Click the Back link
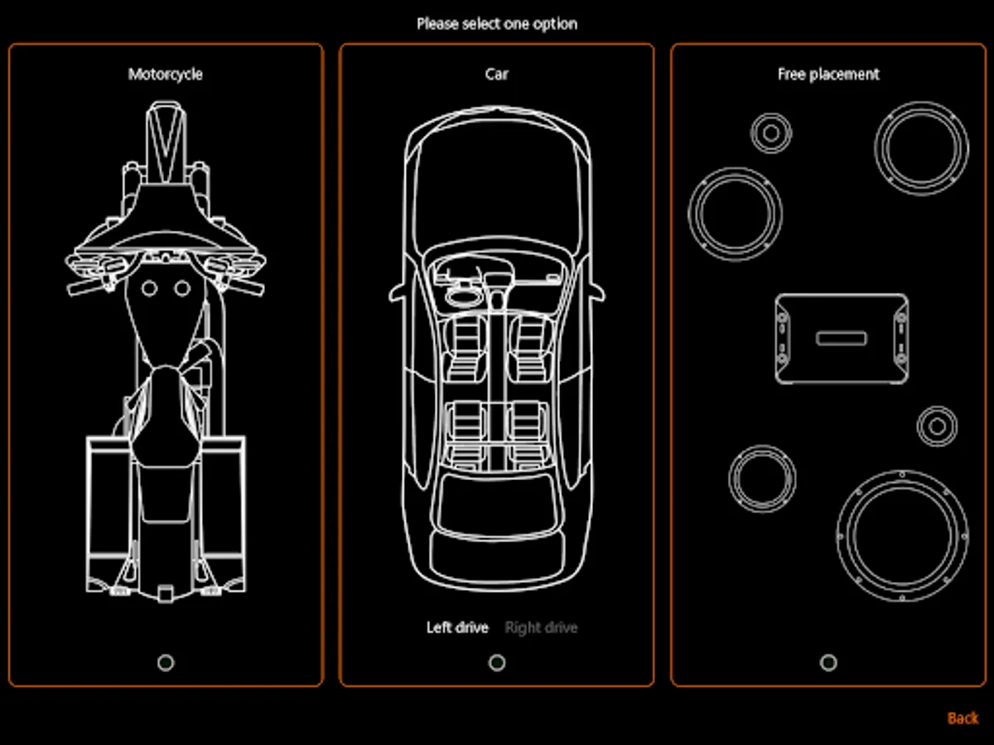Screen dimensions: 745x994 click(x=962, y=718)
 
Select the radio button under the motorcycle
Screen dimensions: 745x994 click(x=166, y=662)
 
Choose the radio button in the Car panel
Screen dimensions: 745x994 click(x=497, y=662)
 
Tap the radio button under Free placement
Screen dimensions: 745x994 click(x=828, y=662)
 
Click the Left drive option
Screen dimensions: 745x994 click(x=457, y=627)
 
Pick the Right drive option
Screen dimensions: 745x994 click(x=541, y=627)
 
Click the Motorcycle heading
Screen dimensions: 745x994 click(x=165, y=74)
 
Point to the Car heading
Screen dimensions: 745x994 click(x=497, y=74)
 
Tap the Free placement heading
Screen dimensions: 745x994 click(x=828, y=74)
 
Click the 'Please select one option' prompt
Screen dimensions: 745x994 click(x=497, y=23)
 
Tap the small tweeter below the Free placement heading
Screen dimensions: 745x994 click(x=771, y=132)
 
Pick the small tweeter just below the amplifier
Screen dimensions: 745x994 click(x=937, y=427)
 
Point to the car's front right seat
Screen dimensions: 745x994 click(x=530, y=344)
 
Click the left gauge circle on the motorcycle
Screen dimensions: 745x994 click(x=149, y=288)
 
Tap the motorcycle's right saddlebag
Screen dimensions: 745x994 click(x=222, y=509)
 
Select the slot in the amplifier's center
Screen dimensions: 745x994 click(x=842, y=339)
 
